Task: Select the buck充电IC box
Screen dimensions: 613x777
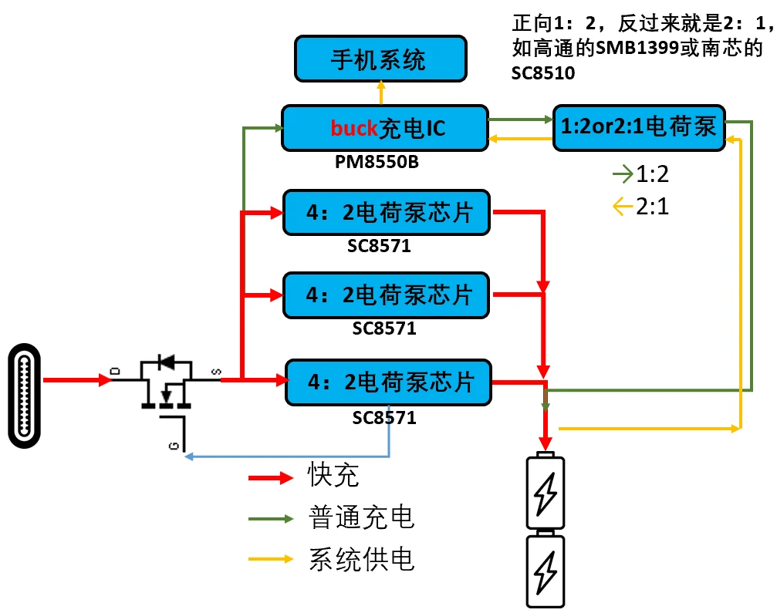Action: pyautogui.click(x=385, y=127)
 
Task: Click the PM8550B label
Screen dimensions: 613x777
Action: pyautogui.click(x=377, y=163)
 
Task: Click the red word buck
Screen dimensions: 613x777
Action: pyautogui.click(x=354, y=128)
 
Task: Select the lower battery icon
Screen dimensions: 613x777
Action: pyautogui.click(x=545, y=571)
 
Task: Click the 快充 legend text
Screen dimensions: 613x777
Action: pyautogui.click(x=333, y=476)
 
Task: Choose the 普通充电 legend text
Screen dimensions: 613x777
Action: pyautogui.click(x=361, y=517)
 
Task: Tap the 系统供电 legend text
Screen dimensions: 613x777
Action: pyautogui.click(x=361, y=558)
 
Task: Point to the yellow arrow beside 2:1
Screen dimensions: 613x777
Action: pyautogui.click(x=622, y=207)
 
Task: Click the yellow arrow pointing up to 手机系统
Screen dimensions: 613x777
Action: pyautogui.click(x=380, y=92)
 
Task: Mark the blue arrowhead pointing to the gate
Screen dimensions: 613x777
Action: pyautogui.click(x=189, y=457)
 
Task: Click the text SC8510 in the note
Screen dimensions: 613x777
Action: pyautogui.click(x=543, y=73)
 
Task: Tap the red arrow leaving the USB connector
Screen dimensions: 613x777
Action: pyautogui.click(x=77, y=379)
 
